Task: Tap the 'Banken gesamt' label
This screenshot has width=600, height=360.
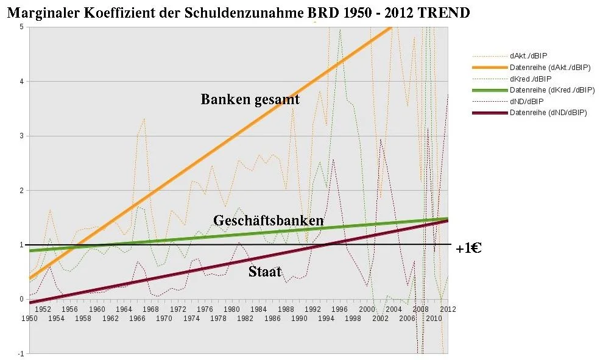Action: pyautogui.click(x=250, y=99)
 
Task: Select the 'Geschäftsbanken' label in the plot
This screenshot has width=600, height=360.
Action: pyautogui.click(x=268, y=221)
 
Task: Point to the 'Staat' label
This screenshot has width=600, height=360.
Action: pyautogui.click(x=264, y=272)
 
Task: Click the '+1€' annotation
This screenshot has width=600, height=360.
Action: pyautogui.click(x=468, y=248)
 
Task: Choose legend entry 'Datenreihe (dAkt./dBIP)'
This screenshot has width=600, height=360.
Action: pyautogui.click(x=550, y=67)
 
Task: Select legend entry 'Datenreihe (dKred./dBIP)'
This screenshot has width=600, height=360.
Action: pyautogui.click(x=552, y=90)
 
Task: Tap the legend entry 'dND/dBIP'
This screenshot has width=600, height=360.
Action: pyautogui.click(x=528, y=101)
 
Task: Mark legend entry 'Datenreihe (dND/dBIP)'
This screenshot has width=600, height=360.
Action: pyautogui.click(x=548, y=113)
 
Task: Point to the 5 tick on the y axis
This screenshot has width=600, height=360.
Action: pyautogui.click(x=21, y=27)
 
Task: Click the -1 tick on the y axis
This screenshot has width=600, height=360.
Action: pyautogui.click(x=20, y=354)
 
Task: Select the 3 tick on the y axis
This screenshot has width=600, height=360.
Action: pyautogui.click(x=21, y=136)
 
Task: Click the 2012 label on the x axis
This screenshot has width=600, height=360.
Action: pyautogui.click(x=448, y=309)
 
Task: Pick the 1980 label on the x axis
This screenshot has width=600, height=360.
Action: pyautogui.click(x=231, y=309)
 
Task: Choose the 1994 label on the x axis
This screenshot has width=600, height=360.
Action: pyautogui.click(x=326, y=318)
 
